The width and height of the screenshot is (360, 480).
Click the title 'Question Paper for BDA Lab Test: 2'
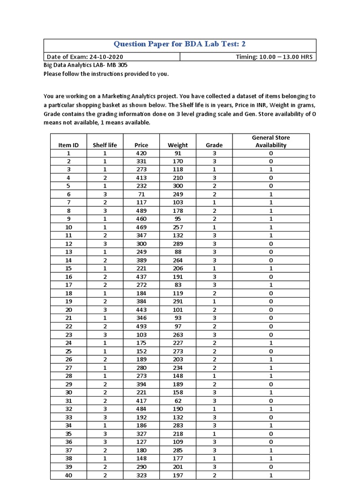180,44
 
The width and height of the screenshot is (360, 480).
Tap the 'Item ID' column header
68,145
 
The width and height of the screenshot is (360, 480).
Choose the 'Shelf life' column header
105,145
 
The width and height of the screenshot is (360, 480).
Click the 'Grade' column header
214,145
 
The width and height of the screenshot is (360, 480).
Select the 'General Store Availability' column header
271,141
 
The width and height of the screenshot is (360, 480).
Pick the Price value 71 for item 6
141,194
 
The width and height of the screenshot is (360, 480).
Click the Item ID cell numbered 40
68,475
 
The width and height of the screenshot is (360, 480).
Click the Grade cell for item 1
214,153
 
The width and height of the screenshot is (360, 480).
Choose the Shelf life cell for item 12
105,244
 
